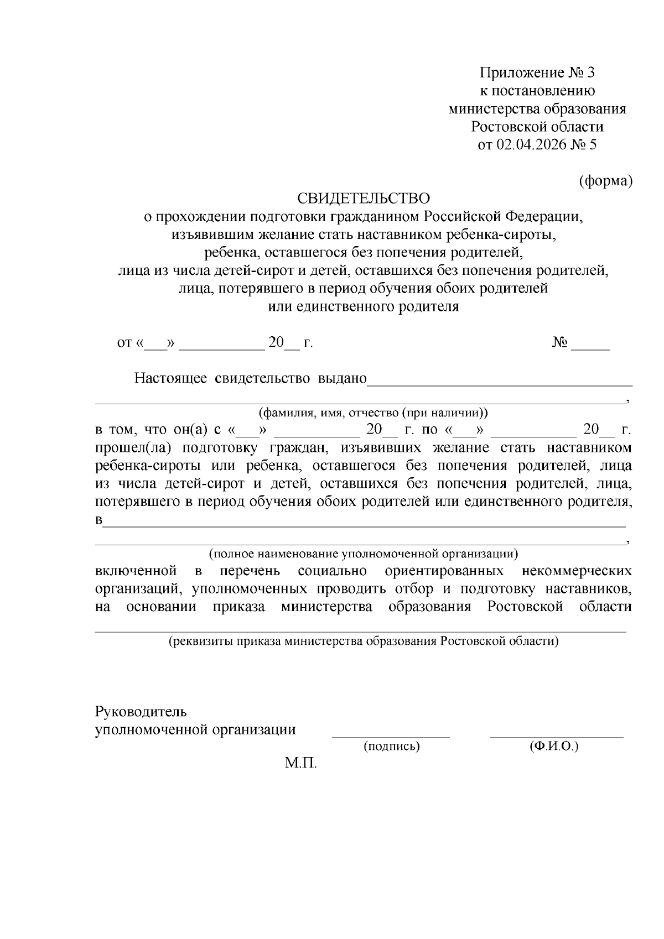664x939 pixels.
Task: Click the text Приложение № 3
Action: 537,73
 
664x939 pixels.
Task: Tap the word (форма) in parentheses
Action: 605,181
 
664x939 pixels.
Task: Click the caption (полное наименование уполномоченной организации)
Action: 363,553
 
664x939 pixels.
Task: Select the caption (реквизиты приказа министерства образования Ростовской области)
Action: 364,641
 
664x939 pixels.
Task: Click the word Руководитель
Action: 141,711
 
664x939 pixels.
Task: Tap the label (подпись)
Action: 392,747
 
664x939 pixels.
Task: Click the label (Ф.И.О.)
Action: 553,747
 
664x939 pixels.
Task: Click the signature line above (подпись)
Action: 391,736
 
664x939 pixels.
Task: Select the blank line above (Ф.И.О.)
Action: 556,736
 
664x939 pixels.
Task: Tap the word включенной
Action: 136,571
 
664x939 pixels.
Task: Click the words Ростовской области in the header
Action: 537,127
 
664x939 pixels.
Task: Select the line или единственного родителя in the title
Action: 363,306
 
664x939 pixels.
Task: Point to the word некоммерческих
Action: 577,571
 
